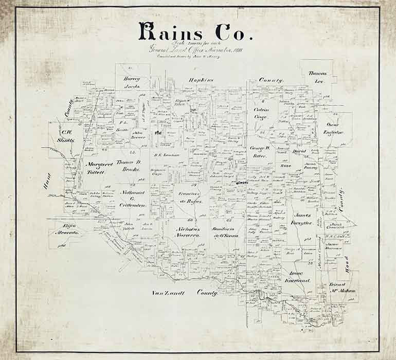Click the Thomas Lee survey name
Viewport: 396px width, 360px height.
pyautogui.click(x=317, y=78)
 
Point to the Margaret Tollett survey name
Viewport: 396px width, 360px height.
pyautogui.click(x=95, y=168)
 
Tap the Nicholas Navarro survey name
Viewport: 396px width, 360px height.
pyautogui.click(x=187, y=232)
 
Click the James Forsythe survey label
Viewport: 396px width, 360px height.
pyautogui.click(x=303, y=219)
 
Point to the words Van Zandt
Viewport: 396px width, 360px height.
pyautogui.click(x=165, y=293)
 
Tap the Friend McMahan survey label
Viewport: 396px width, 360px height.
pyautogui.click(x=342, y=287)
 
